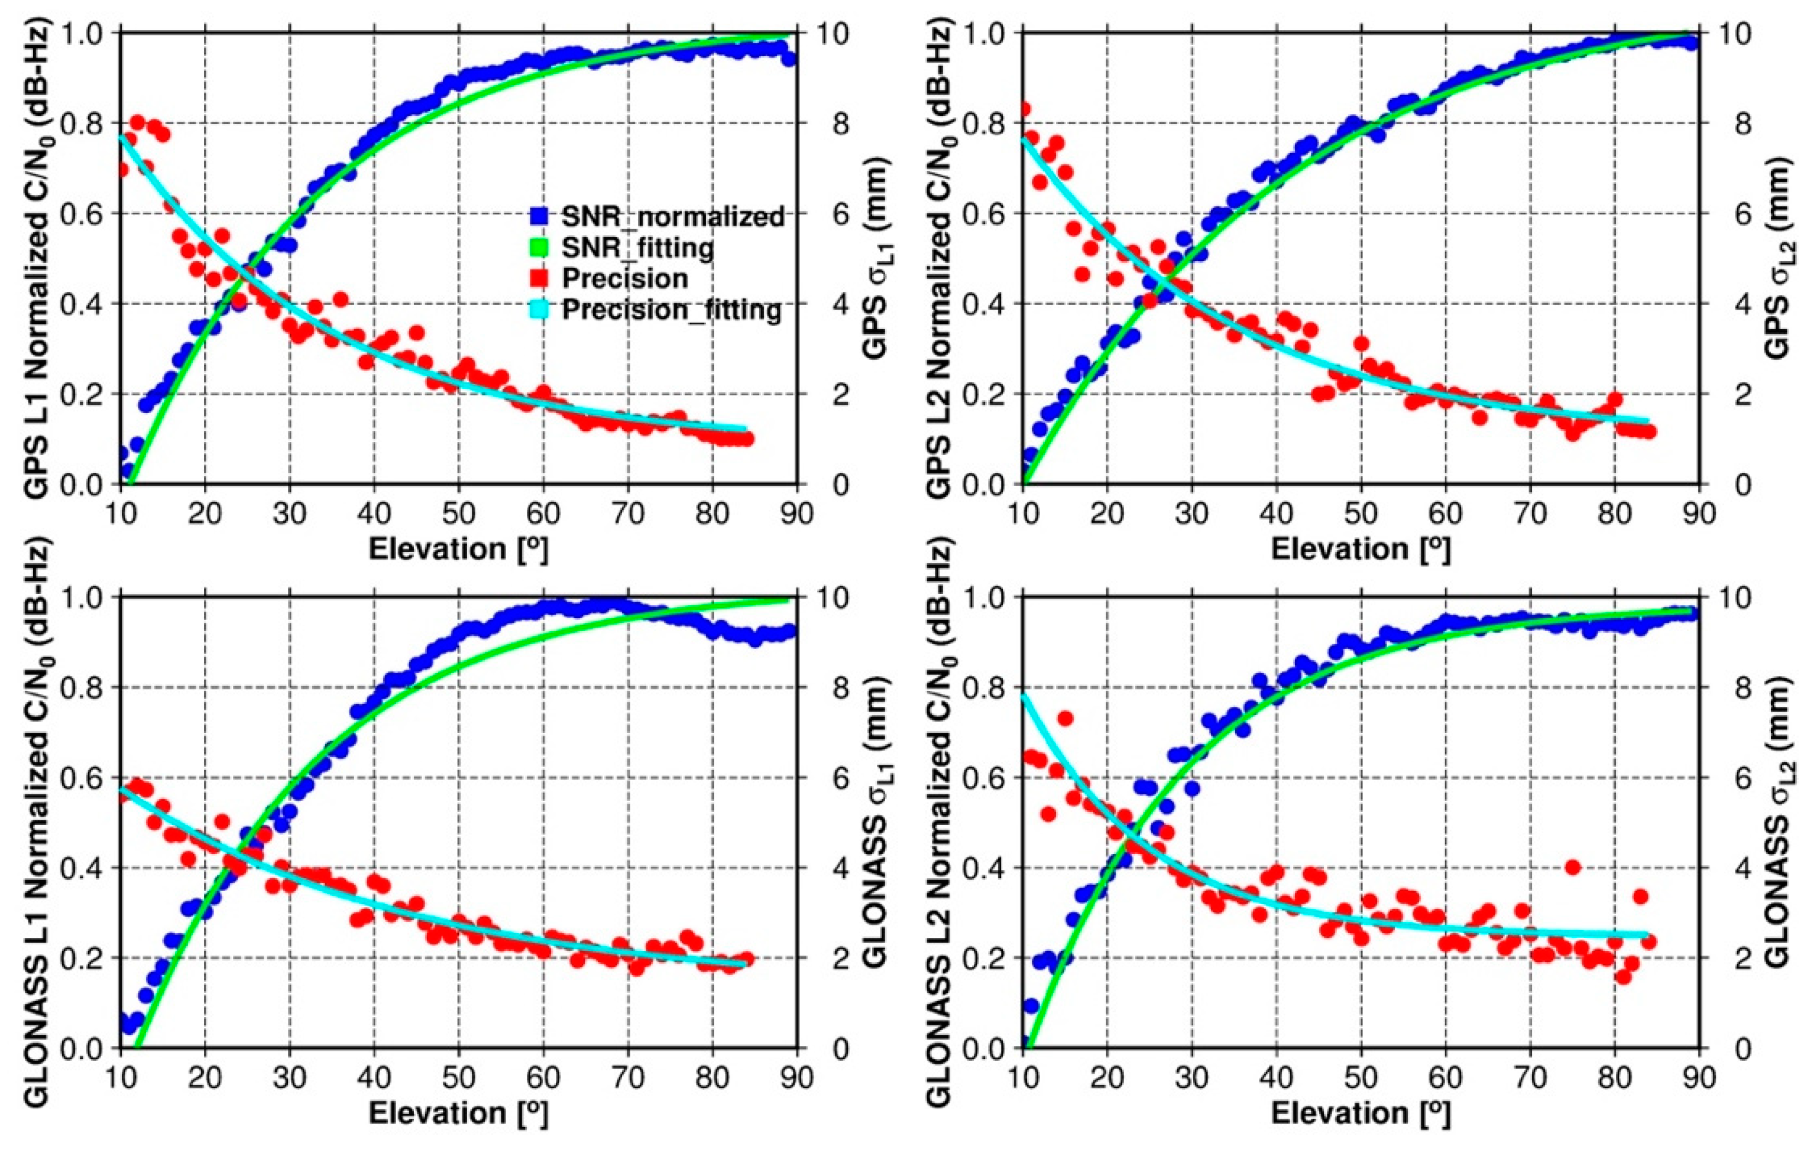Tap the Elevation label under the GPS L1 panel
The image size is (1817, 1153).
pyautogui.click(x=459, y=549)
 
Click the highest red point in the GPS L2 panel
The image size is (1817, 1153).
pyautogui.click(x=1024, y=109)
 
